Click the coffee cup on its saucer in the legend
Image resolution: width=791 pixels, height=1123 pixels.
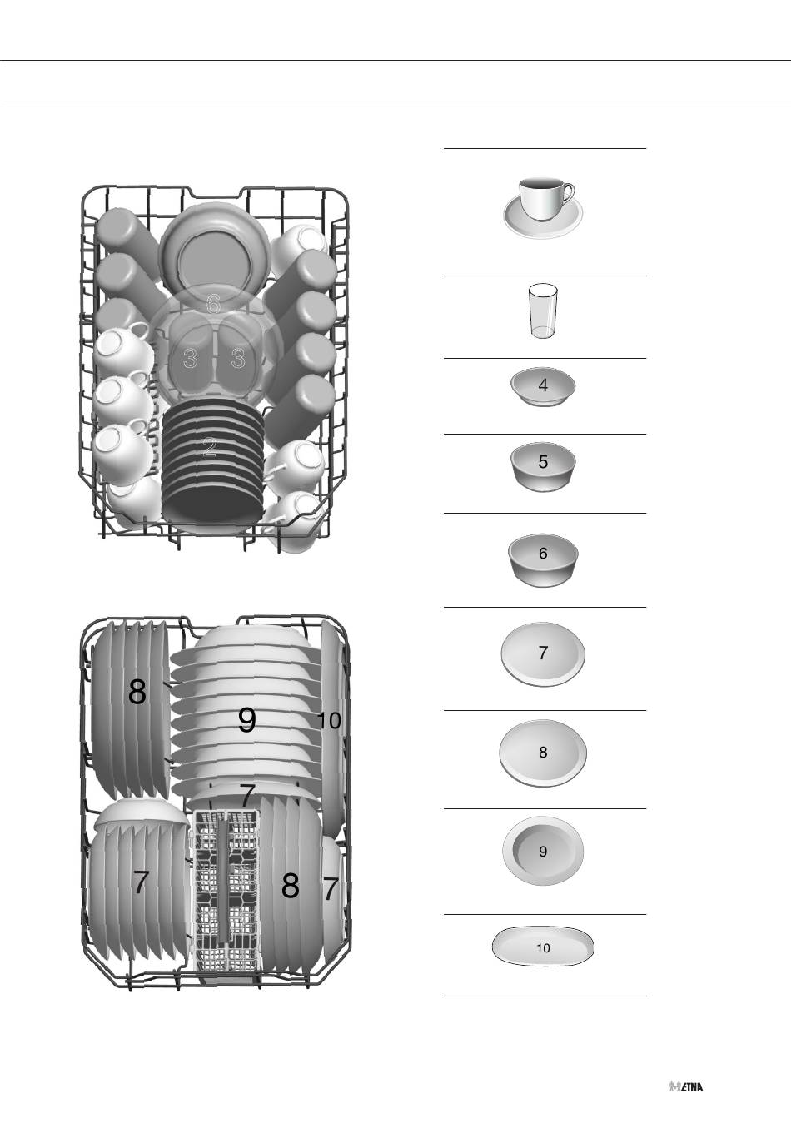[543, 207]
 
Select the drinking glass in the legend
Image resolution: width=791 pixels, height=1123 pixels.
[543, 311]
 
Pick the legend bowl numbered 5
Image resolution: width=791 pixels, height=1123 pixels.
[543, 465]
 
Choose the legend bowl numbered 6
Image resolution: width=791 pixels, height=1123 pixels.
[543, 559]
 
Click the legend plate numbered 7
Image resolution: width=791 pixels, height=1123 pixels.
[543, 653]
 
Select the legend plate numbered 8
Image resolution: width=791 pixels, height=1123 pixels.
[543, 753]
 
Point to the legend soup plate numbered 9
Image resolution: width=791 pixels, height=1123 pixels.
[543, 851]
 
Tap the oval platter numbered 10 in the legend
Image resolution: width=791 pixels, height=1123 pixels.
[543, 946]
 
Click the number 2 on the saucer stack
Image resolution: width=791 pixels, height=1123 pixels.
[210, 447]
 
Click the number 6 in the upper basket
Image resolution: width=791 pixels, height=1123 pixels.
[213, 303]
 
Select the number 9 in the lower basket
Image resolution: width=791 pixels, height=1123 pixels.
[246, 720]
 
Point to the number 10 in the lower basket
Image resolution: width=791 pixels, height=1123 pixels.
[329, 720]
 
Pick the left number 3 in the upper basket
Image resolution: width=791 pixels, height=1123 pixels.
[190, 358]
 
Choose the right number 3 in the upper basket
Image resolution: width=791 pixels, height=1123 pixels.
[238, 358]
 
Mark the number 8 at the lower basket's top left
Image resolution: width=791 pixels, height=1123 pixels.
[137, 692]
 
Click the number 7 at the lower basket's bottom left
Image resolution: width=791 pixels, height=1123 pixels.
[141, 882]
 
